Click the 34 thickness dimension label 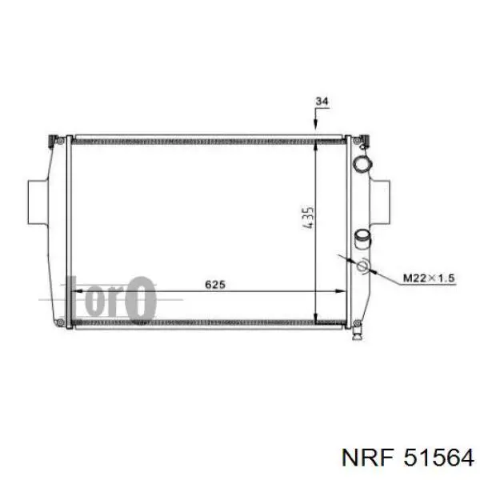[322, 101]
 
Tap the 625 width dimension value [215, 284]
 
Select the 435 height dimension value [308, 218]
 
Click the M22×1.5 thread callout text [429, 278]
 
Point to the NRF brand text [367, 458]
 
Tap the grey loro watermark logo [110, 298]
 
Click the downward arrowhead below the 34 [316, 124]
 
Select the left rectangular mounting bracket [38, 202]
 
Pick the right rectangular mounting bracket [380, 202]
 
